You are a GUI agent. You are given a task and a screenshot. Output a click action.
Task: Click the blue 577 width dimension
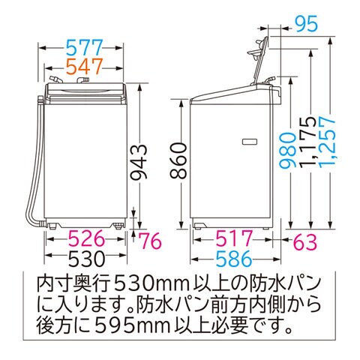85,47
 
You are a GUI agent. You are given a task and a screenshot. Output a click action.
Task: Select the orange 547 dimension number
85,66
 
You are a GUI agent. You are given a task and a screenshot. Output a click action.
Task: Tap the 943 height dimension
139,162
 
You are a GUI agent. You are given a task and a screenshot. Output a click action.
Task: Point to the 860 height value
178,160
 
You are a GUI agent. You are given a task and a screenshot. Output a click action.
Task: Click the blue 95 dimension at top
307,24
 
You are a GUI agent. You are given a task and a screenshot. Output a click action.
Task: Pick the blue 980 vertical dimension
288,150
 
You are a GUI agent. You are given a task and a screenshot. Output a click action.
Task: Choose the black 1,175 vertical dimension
307,141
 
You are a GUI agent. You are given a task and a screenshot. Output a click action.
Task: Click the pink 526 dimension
86,238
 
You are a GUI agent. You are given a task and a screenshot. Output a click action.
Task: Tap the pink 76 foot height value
150,241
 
